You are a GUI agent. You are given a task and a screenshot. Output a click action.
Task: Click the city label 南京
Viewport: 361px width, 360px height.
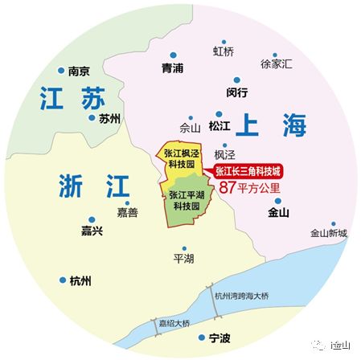[78, 70]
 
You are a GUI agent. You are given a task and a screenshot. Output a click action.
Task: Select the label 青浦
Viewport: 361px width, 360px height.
[173, 68]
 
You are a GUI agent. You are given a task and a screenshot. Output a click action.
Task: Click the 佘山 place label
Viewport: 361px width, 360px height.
[191, 127]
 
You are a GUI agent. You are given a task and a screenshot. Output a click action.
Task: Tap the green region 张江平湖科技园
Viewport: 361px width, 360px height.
[186, 200]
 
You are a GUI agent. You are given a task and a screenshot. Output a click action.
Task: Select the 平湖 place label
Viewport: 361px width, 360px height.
[184, 259]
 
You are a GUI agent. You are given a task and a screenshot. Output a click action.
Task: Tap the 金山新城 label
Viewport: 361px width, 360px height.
[329, 233]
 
